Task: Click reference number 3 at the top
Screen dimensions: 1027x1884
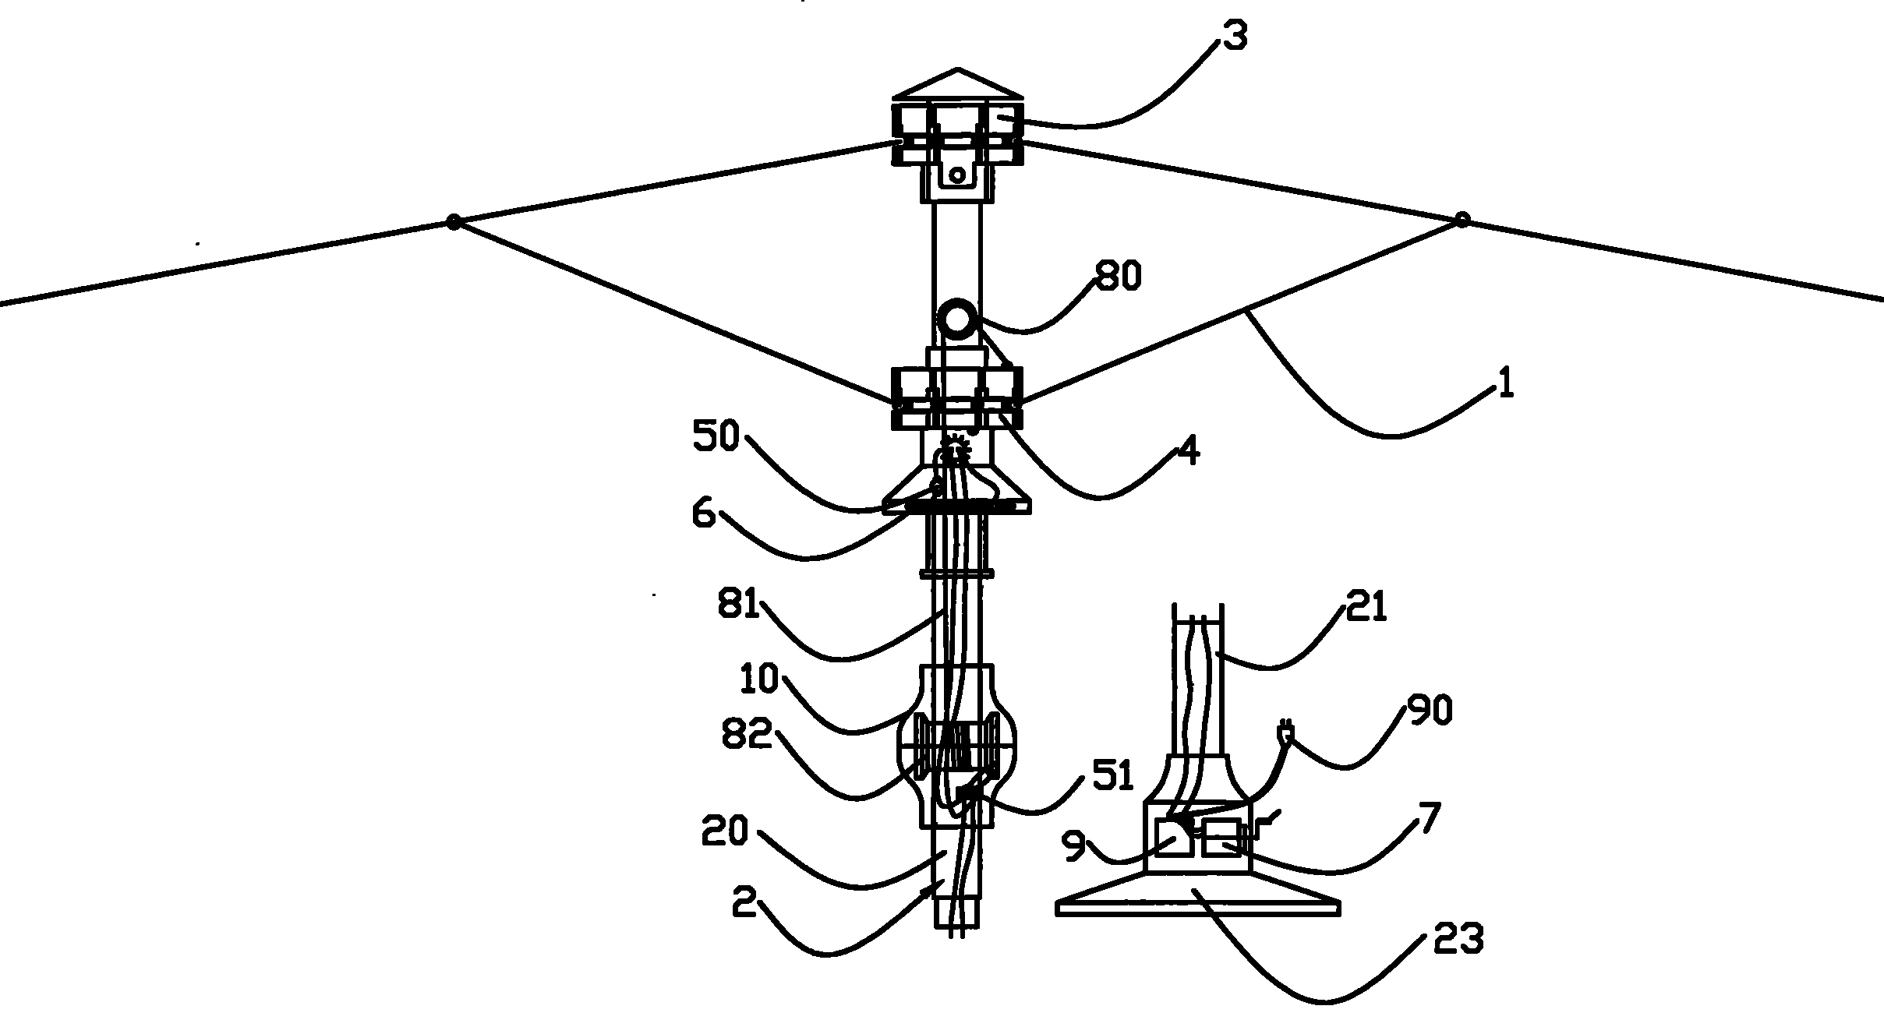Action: (1235, 37)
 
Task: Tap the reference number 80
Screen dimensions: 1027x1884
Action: (1119, 276)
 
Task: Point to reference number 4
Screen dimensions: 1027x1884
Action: (1187, 451)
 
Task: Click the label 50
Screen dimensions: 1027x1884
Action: (716, 437)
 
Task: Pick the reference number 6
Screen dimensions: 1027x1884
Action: (703, 513)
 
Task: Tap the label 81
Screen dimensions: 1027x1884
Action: (737, 604)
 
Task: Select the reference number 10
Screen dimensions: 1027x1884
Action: (758, 680)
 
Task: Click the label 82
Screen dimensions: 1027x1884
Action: (746, 734)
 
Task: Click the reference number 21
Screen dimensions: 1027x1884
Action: (1366, 606)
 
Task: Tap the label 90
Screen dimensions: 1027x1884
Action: (1430, 711)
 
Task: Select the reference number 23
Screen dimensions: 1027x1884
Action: (1458, 939)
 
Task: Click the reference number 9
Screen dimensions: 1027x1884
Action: (1074, 846)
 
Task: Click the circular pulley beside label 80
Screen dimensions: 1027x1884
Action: (958, 320)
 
